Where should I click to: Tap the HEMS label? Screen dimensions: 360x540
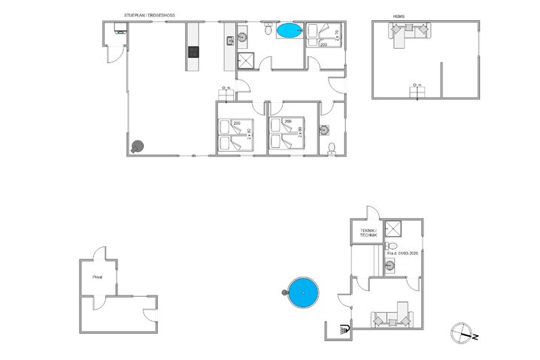point(399,15)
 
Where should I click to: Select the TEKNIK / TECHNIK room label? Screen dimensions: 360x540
point(368,234)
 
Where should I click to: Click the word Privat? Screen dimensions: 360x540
point(97,277)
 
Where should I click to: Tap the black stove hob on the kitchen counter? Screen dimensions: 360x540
point(194,52)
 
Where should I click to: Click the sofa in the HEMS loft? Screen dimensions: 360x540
point(411,32)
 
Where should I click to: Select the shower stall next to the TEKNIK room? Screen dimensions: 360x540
point(393,230)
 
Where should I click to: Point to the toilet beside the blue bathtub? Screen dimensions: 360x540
point(268,29)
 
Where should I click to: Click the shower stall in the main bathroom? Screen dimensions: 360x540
point(246,62)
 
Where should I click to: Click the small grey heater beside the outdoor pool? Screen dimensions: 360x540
point(284,292)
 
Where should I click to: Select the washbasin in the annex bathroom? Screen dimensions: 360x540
point(391,264)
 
